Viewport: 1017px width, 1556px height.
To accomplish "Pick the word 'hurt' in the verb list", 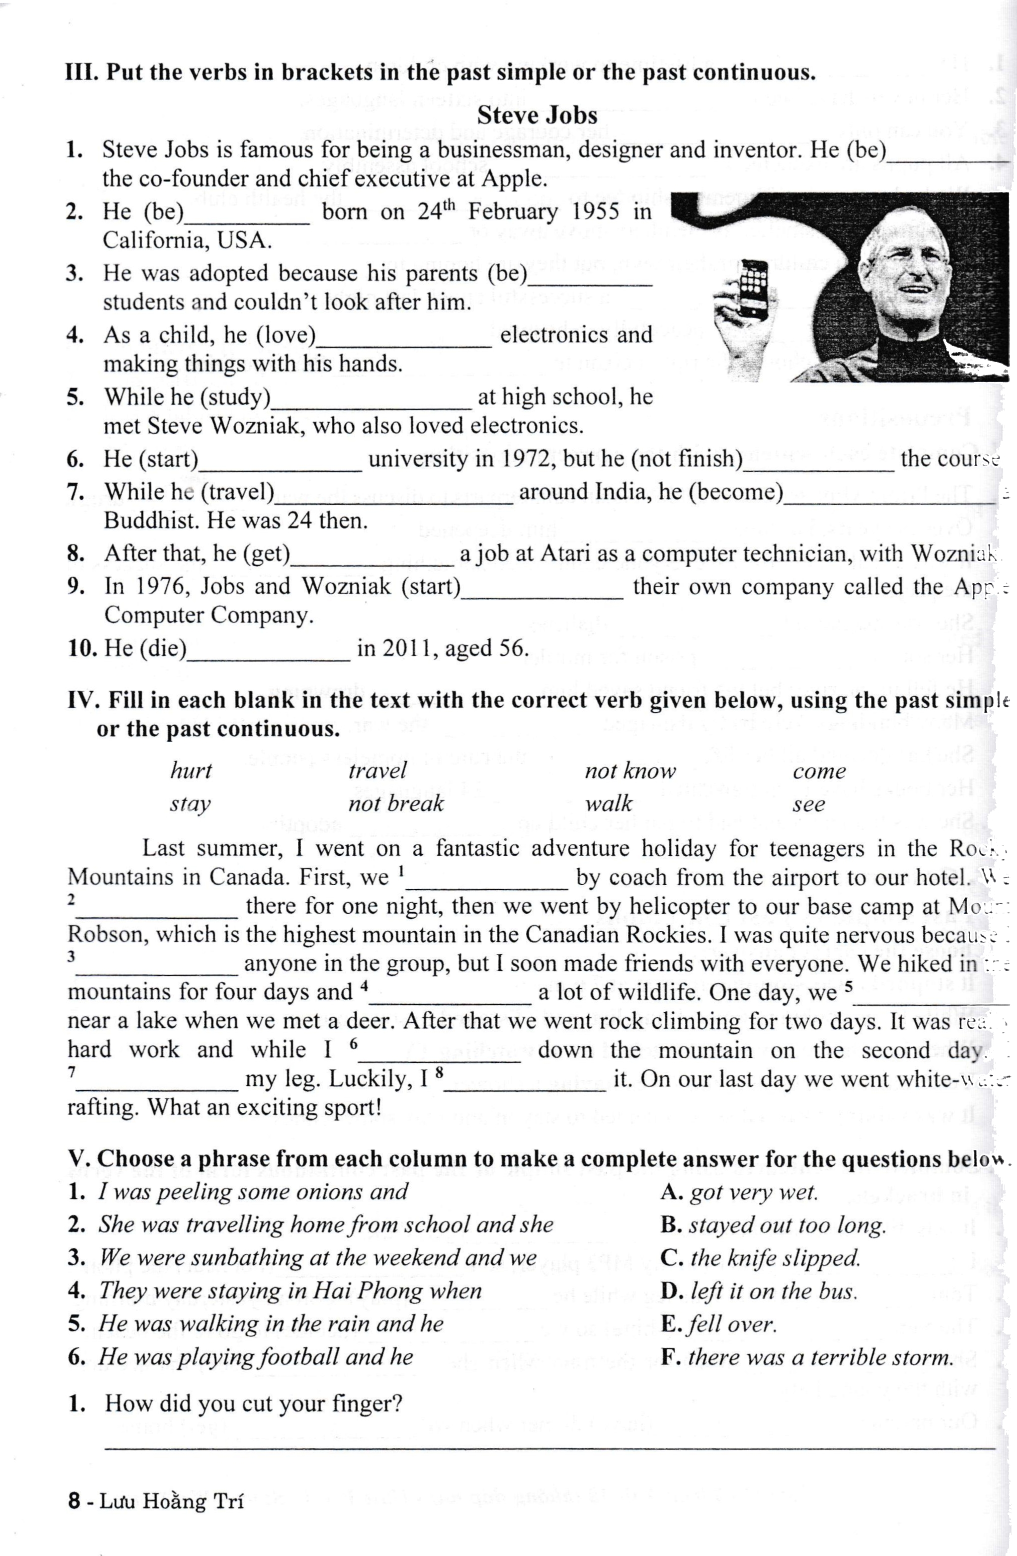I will pos(191,771).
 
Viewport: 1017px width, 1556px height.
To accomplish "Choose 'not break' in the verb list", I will pos(395,803).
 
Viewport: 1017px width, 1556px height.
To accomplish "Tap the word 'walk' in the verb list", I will pos(608,803).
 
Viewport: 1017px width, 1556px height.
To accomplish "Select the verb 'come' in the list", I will pos(819,771).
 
